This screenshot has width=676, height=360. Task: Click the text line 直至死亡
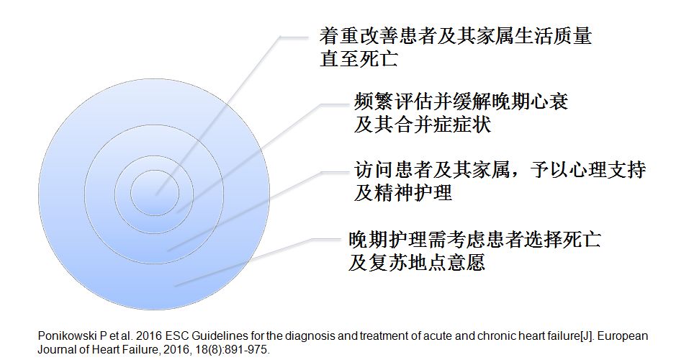359,58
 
